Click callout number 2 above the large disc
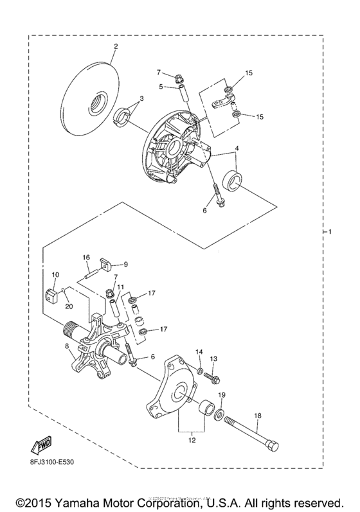116,46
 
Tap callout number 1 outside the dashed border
331,231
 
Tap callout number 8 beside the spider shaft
67,346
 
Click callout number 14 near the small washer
199,352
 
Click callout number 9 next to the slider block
126,263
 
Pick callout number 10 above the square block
55,275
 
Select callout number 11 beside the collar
120,287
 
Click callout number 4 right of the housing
239,150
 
